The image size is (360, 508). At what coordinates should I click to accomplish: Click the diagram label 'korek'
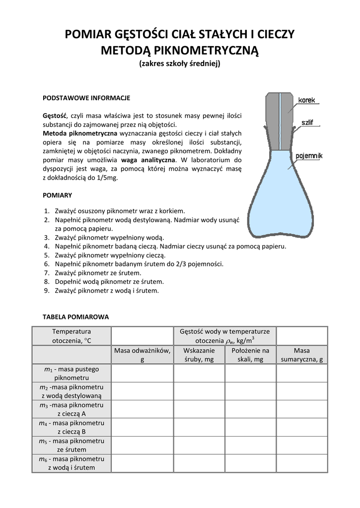pyautogui.click(x=307, y=100)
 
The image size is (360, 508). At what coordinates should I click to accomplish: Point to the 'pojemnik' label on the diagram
pyautogui.click(x=309, y=156)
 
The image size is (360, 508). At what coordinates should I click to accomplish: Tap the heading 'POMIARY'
pyautogui.click(x=58, y=195)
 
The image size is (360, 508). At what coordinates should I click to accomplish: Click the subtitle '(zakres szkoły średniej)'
pyautogui.click(x=180, y=63)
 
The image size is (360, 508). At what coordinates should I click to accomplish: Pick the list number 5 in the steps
pyautogui.click(x=47, y=255)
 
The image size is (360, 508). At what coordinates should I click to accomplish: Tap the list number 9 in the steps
pyautogui.click(x=47, y=291)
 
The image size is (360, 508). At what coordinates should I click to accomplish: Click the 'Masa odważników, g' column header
pyautogui.click(x=143, y=355)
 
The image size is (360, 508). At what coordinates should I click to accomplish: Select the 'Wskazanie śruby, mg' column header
pyautogui.click(x=199, y=355)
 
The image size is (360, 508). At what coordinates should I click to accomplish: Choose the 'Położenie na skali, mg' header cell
pyautogui.click(x=251, y=355)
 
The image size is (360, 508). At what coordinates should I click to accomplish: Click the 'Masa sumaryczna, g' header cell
pyautogui.click(x=302, y=355)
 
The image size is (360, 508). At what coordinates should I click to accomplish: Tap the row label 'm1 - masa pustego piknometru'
pyautogui.click(x=72, y=374)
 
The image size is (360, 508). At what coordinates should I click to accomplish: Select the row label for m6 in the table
pyautogui.click(x=72, y=463)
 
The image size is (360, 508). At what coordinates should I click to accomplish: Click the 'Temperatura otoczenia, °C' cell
pyautogui.click(x=72, y=336)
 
